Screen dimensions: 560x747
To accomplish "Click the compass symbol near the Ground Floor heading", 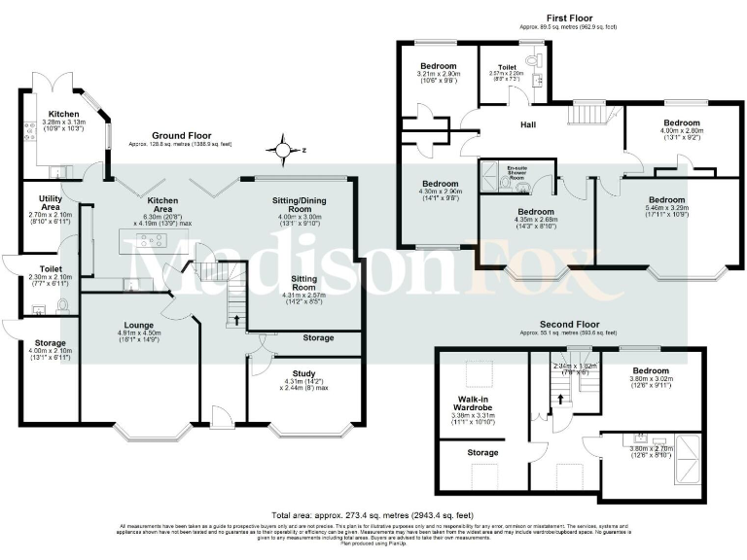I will [284, 151].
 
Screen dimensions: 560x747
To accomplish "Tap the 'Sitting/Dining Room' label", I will [307, 202].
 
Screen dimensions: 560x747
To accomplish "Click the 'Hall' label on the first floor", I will [530, 124].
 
